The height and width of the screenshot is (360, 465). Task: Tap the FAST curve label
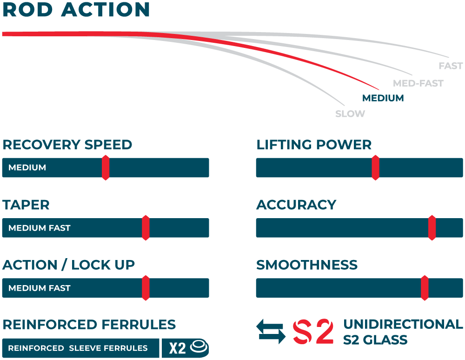(451, 66)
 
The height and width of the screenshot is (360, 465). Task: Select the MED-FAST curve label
(418, 84)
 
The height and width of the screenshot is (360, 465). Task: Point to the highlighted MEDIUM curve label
(383, 98)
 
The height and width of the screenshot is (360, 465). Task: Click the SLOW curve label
(350, 114)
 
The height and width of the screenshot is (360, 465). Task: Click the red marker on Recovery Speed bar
(106, 167)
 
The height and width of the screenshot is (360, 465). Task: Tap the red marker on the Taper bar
(146, 228)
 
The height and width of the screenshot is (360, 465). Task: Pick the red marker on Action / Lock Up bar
(146, 288)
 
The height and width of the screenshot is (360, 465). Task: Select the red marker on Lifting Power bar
(375, 167)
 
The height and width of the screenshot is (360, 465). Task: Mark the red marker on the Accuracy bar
(432, 228)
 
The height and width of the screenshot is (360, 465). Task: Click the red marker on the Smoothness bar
(425, 288)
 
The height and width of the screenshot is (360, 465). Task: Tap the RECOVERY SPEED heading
(67, 145)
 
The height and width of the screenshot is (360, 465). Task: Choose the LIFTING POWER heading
(314, 145)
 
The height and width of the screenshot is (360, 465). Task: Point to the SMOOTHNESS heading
(307, 265)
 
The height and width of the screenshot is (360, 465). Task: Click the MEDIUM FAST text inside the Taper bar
(40, 228)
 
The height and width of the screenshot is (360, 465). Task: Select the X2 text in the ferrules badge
(177, 348)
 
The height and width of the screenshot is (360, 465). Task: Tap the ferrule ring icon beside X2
(199, 347)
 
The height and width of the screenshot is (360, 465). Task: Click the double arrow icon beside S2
(271, 331)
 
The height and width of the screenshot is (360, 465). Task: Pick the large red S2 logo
(313, 331)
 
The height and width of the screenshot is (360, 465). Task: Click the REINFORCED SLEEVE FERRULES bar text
(78, 348)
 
